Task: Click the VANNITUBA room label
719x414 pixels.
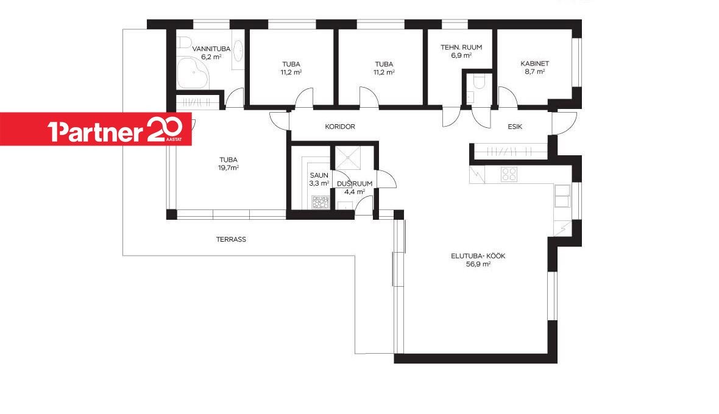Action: click(x=211, y=49)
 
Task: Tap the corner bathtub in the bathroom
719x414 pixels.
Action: click(x=192, y=73)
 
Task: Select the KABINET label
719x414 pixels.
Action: click(x=534, y=64)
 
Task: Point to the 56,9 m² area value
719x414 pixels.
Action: click(x=478, y=264)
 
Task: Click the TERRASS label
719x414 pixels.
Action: click(x=231, y=239)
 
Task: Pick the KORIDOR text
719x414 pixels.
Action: click(x=340, y=127)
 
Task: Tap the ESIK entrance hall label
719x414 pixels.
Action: click(x=514, y=127)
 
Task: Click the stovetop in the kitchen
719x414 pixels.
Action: click(x=509, y=174)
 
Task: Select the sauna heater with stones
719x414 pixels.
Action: click(x=321, y=202)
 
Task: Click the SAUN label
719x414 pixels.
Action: click(x=319, y=175)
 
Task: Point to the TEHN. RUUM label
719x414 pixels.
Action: click(x=461, y=47)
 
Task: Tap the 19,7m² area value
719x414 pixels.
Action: click(x=228, y=167)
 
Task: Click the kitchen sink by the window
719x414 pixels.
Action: click(x=562, y=195)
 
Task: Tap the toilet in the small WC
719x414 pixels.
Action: click(x=479, y=82)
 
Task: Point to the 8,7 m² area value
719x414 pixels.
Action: click(x=534, y=71)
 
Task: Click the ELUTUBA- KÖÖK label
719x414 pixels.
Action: click(x=478, y=256)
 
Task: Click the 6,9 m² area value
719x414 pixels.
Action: click(x=461, y=55)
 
